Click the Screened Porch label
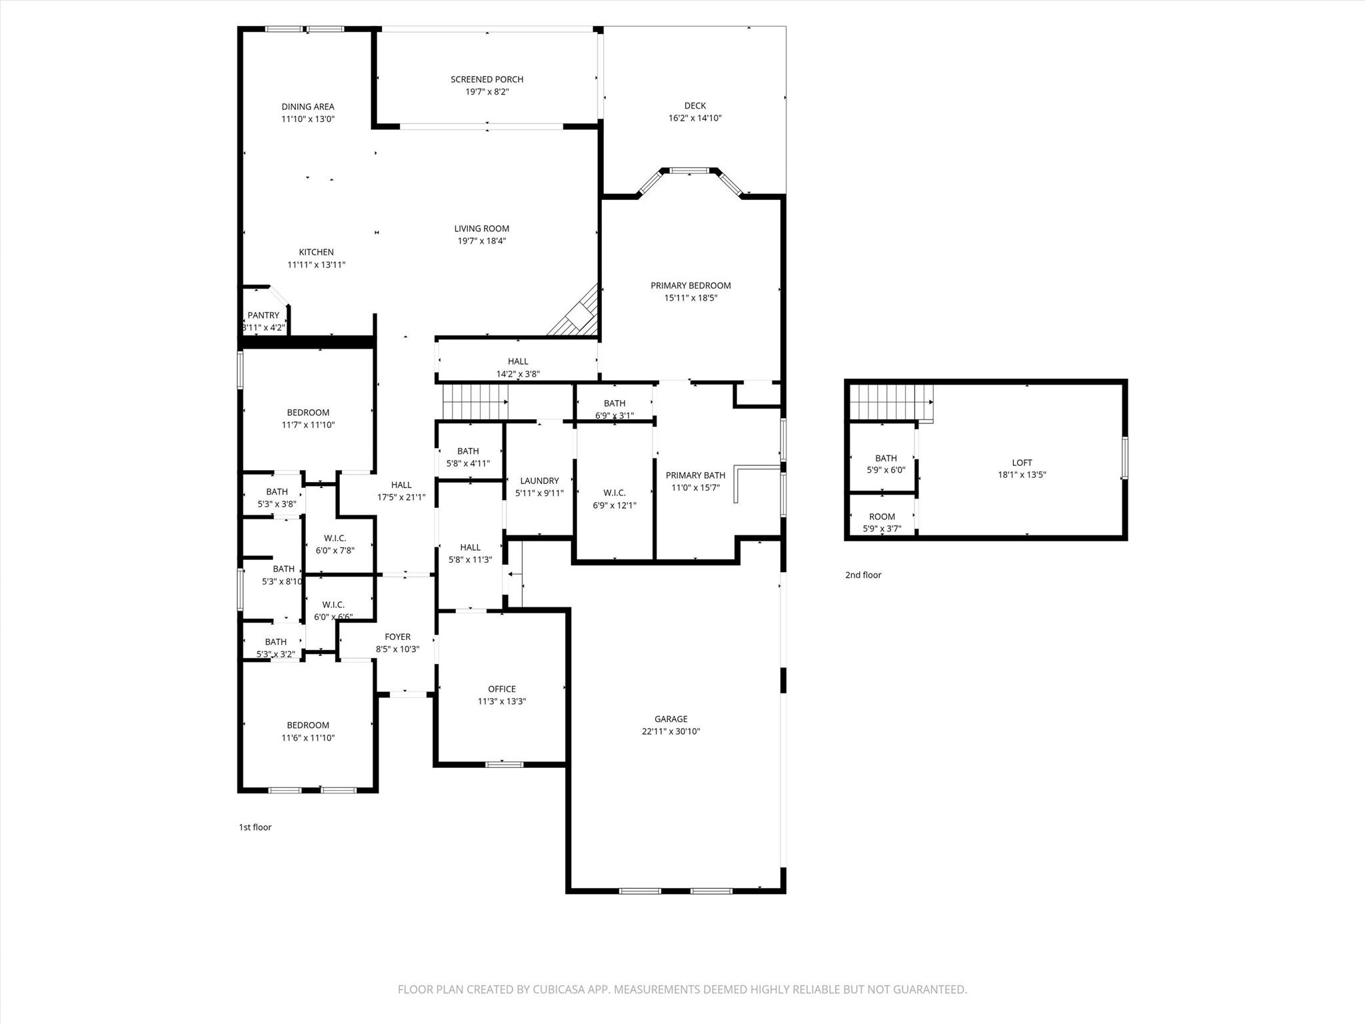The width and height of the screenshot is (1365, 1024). click(487, 79)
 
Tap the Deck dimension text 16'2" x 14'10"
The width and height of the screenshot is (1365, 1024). click(694, 118)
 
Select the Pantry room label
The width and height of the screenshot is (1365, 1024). click(263, 315)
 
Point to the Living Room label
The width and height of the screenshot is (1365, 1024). click(481, 229)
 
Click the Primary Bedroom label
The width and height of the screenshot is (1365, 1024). click(690, 285)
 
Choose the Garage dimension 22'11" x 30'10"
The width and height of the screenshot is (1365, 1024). click(671, 731)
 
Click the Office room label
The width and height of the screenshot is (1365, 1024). click(501, 689)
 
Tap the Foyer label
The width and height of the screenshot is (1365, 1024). click(397, 637)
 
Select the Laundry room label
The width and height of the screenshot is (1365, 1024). click(539, 481)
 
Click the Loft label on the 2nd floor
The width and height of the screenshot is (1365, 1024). click(1022, 462)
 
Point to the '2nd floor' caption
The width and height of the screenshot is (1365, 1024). click(862, 575)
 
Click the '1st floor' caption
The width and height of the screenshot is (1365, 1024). click(255, 827)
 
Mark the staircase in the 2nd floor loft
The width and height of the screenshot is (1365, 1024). click(890, 402)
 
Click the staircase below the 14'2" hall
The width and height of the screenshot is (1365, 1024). click(474, 402)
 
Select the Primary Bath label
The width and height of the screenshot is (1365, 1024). click(695, 475)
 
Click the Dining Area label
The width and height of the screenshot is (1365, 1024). click(307, 107)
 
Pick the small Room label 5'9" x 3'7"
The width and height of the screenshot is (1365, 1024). click(882, 517)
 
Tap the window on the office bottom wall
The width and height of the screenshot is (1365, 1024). click(504, 764)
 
